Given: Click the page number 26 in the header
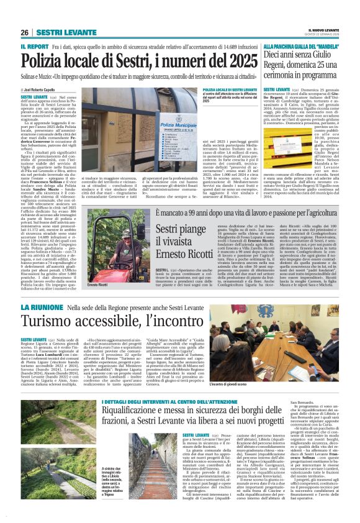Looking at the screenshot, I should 25,32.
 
